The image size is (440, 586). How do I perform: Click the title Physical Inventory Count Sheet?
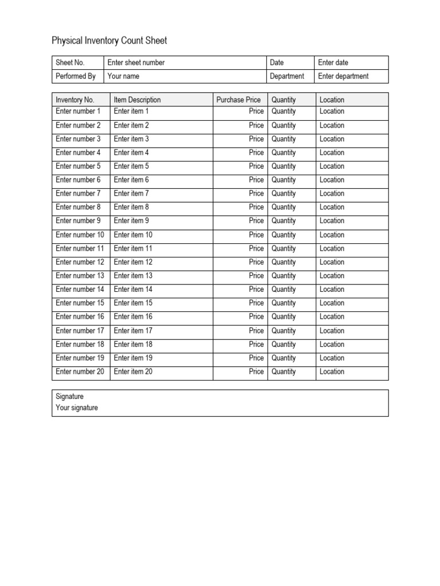click(x=109, y=41)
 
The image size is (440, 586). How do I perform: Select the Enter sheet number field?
click(x=136, y=62)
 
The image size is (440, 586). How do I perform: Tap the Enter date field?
click(x=333, y=62)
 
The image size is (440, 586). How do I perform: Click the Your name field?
click(x=123, y=76)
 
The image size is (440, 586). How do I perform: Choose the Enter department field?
click(x=343, y=76)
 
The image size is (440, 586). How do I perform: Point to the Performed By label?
click(x=76, y=76)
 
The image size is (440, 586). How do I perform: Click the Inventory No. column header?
click(x=75, y=100)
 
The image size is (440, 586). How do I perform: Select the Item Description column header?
click(x=137, y=100)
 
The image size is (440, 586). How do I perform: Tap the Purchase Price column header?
click(x=238, y=100)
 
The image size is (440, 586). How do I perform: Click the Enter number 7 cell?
click(x=78, y=193)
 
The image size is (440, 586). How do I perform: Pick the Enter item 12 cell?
click(x=133, y=262)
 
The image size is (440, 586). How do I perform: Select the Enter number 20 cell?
click(x=80, y=371)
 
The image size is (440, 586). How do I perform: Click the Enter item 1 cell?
click(x=131, y=111)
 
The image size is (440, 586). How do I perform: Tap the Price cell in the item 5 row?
click(x=256, y=166)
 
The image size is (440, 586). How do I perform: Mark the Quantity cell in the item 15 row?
click(x=284, y=303)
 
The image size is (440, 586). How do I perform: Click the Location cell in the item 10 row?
click(x=332, y=235)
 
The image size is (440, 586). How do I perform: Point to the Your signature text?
click(x=77, y=408)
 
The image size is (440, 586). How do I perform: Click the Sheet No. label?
click(x=70, y=62)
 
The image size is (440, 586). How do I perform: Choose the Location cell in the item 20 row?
click(x=332, y=371)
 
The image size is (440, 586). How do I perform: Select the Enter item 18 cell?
click(x=133, y=344)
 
